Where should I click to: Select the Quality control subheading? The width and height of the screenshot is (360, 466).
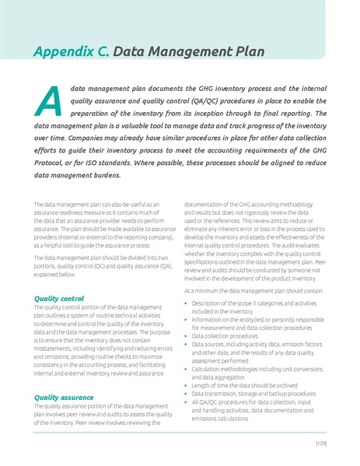point(60,298)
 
